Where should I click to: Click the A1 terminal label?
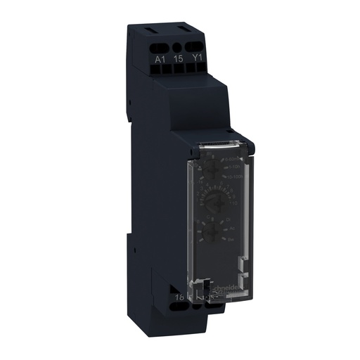tap(160, 60)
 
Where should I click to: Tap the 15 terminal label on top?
tap(178, 60)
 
